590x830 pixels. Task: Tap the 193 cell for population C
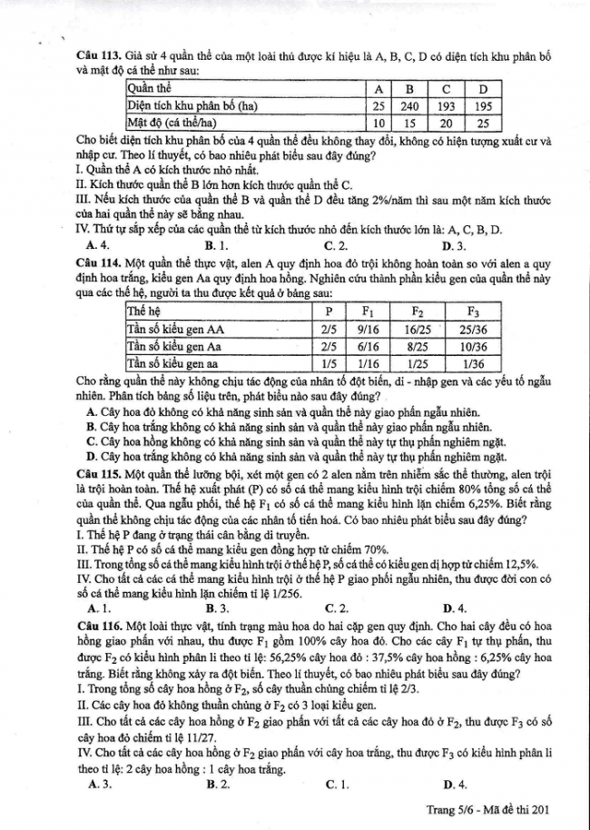click(447, 105)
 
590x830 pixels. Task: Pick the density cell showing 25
click(483, 123)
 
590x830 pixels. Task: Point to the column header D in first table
click(483, 88)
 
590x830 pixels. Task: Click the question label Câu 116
click(99, 627)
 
